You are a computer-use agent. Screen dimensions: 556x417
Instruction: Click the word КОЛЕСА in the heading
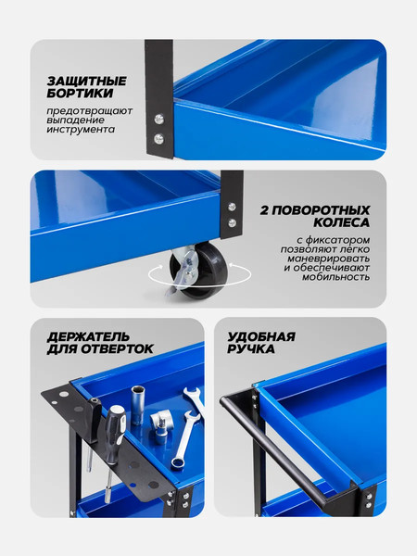(341, 224)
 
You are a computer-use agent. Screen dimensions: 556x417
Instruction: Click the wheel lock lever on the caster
(185, 268)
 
